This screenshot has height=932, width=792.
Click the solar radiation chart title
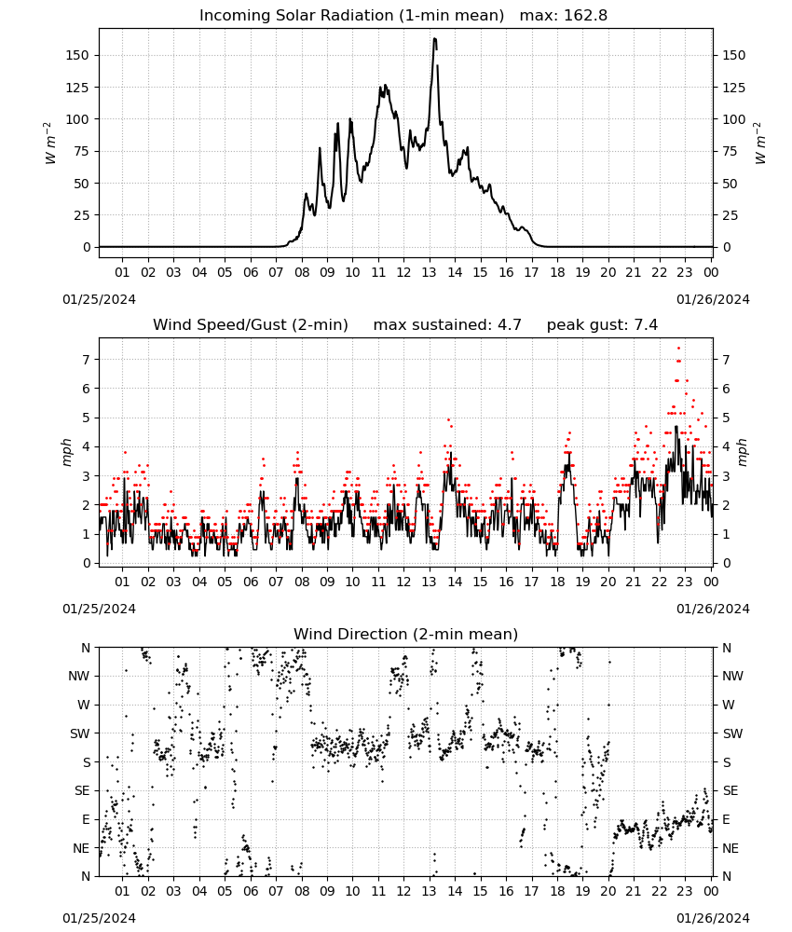coord(403,15)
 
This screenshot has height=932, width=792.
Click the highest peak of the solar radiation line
coord(435,39)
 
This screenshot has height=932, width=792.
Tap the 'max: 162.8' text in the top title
coord(564,15)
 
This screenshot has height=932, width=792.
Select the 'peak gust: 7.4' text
coord(602,324)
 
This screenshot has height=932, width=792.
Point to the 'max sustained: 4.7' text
coord(447,324)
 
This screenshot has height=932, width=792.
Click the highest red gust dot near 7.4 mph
coord(678,349)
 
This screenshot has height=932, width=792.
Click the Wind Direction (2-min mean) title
coord(406,634)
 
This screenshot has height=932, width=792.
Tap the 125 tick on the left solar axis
coord(76,88)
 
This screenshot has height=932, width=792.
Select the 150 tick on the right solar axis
coord(734,55)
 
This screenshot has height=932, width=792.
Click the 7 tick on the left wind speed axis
coord(86,360)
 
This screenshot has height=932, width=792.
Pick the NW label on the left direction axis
coord(79,676)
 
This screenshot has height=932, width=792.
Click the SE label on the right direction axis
coord(731,790)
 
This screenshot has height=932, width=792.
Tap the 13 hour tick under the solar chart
coord(429,272)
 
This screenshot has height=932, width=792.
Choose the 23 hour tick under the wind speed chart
coord(685,582)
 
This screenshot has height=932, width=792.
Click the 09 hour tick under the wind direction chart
coord(327,891)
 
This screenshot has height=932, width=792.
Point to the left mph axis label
coord(66,452)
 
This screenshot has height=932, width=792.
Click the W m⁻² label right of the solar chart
coord(760,144)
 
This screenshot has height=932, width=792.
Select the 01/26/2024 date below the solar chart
coord(713,299)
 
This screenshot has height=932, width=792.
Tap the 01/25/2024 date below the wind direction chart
coord(99,918)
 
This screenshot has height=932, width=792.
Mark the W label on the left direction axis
coord(84,705)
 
